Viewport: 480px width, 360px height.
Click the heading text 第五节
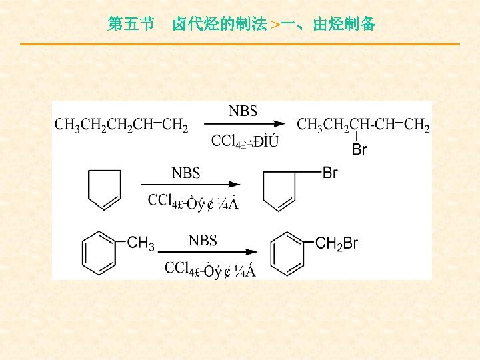[131, 25]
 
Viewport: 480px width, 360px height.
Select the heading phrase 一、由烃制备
[327, 25]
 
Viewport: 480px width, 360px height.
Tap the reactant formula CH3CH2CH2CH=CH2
[121, 125]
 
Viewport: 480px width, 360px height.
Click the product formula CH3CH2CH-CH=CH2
[363, 125]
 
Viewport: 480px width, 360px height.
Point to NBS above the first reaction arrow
[243, 111]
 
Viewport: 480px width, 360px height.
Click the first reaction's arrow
[244, 124]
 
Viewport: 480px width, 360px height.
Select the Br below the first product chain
[359, 149]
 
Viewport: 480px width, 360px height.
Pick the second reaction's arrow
[189, 185]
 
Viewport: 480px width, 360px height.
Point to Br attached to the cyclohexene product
[330, 173]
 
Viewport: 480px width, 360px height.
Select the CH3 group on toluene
[141, 243]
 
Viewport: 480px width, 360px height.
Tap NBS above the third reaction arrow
[203, 240]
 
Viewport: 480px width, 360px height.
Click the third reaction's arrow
[210, 252]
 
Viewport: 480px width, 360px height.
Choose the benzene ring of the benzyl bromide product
[287, 253]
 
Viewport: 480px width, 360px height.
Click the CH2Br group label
[337, 244]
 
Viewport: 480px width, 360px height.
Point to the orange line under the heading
[240, 44]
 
